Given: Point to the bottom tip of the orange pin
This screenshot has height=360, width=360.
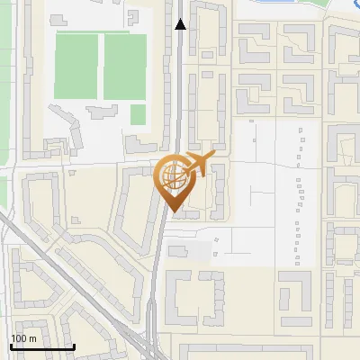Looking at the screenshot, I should click(x=174, y=212).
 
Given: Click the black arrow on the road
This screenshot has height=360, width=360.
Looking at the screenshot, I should click(x=181, y=24).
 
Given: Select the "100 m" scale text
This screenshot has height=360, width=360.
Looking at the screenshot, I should click(x=23, y=338).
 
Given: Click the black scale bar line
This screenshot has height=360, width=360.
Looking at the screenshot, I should click(x=41, y=346).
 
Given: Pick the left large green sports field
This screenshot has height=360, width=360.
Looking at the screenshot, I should click(x=76, y=67).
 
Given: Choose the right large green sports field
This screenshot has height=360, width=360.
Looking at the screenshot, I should click(x=124, y=67).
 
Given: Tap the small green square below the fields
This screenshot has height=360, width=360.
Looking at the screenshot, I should click(x=138, y=114).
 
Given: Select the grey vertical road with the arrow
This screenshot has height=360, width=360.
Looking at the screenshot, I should click(x=181, y=90).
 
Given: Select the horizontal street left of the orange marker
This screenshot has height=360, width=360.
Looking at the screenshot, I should click(x=81, y=166).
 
